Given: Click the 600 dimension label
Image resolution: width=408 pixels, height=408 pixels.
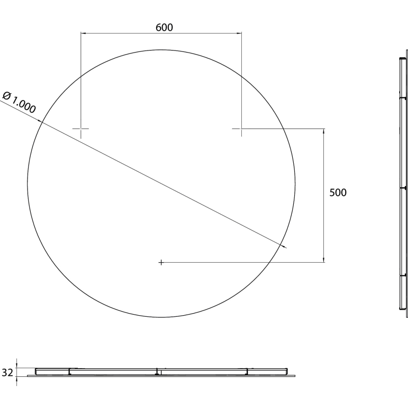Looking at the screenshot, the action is coord(164,28).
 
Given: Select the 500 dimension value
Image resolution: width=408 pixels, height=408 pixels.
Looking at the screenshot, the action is coord(338,193).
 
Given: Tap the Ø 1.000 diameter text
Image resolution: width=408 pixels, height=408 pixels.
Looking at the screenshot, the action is coord(19,103).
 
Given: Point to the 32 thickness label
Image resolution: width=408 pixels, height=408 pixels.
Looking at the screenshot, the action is coord(7,373).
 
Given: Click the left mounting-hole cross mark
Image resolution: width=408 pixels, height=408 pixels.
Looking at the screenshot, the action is coord(81,129).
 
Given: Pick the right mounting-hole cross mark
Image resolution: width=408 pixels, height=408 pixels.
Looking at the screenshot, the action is coord(241,129).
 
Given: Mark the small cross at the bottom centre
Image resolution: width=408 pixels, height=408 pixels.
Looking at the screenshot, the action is coord(161,262).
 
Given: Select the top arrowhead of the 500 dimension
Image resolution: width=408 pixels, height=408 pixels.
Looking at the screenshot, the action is coord(324,131).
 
